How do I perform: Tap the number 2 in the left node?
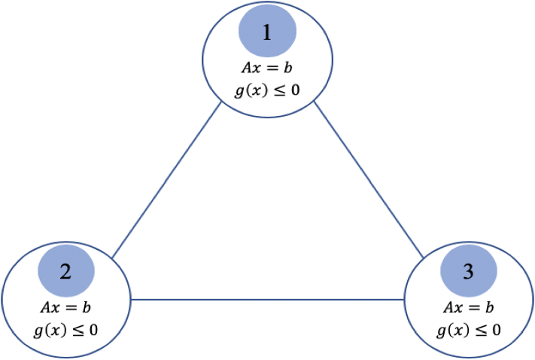pyautogui.click(x=65, y=271)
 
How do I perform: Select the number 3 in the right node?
pyautogui.click(x=468, y=271)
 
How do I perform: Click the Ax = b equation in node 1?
pyautogui.click(x=267, y=67)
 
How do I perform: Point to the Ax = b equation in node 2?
pyautogui.click(x=66, y=308)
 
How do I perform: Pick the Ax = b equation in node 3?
pyautogui.click(x=469, y=308)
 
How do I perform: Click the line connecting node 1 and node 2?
pyautogui.click(x=166, y=181)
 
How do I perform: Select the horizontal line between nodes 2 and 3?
pyautogui.click(x=267, y=300)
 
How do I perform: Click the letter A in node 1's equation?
pyautogui.click(x=246, y=67)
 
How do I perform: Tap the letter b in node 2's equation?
pyautogui.click(x=87, y=308)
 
